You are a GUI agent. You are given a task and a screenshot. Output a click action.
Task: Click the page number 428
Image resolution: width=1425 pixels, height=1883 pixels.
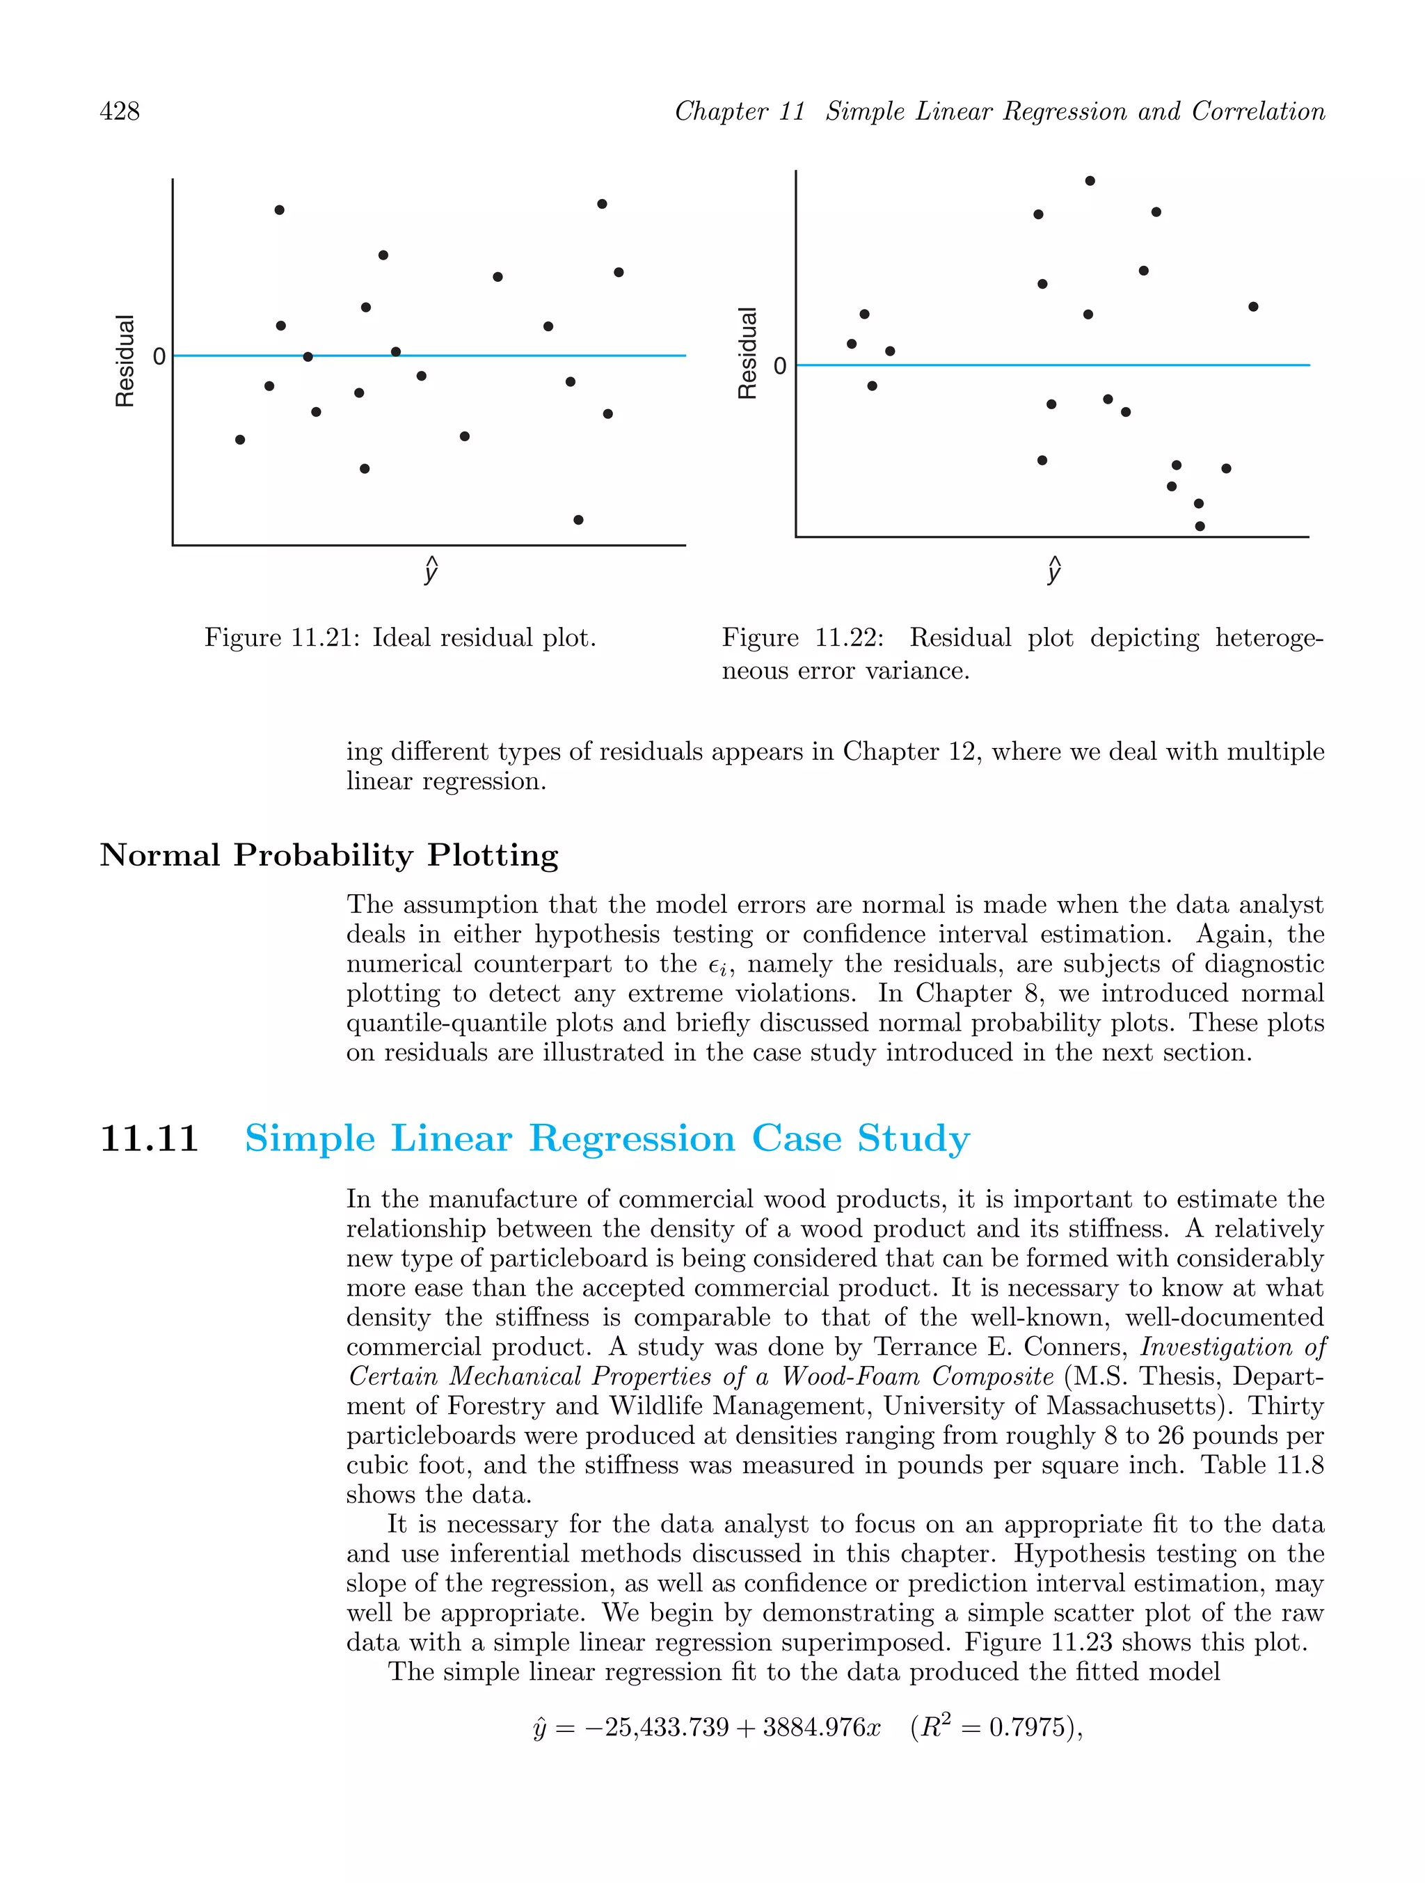point(119,111)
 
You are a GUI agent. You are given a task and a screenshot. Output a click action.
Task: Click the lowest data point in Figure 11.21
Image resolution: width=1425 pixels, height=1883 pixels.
point(578,519)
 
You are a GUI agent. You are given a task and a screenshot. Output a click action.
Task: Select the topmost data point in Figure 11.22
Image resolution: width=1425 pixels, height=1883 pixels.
point(1090,180)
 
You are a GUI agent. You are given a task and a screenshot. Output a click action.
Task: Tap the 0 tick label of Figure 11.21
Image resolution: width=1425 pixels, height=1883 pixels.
point(159,357)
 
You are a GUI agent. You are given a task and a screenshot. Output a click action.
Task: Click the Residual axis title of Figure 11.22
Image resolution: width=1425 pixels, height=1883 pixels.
point(747,353)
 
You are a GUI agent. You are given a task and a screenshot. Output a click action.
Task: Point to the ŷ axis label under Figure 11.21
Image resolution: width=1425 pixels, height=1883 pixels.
point(431,571)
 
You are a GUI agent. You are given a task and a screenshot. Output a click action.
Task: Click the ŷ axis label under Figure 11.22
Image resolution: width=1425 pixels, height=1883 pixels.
point(1054,571)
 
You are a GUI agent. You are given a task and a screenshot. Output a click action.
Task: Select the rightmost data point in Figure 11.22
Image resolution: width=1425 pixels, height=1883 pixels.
point(1253,306)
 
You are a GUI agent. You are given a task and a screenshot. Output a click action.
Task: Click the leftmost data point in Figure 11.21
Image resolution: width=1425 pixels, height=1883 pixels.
point(240,439)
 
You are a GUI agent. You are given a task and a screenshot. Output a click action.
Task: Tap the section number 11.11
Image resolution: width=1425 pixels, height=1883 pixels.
point(149,1138)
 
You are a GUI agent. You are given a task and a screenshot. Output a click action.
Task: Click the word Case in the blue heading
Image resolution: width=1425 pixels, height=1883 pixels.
point(796,1138)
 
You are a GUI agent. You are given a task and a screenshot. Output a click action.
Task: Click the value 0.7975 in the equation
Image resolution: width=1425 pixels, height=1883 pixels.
point(1025,1727)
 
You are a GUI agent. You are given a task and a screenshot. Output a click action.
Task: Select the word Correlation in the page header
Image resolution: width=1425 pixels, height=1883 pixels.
point(1258,111)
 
